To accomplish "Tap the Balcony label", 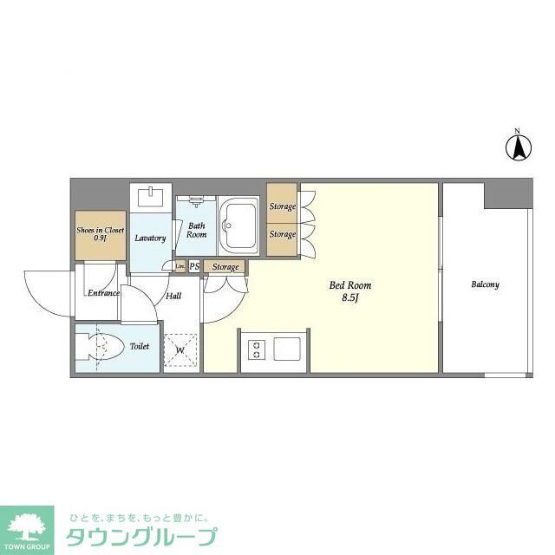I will [x=485, y=284].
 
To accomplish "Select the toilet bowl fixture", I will [x=99, y=348].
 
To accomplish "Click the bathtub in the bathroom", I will [x=239, y=223].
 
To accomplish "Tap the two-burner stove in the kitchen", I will [x=258, y=349].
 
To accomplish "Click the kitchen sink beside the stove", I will [x=289, y=349].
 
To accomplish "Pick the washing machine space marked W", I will [x=181, y=350].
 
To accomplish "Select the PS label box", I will [x=194, y=266].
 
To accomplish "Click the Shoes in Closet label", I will [x=100, y=233].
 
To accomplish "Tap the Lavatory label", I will [x=150, y=238].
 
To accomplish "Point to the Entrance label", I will [x=103, y=293].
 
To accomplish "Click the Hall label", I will [x=173, y=296].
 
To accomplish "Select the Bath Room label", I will [x=197, y=230].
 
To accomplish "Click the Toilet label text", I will [x=139, y=346].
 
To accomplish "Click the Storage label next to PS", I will [x=225, y=266].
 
